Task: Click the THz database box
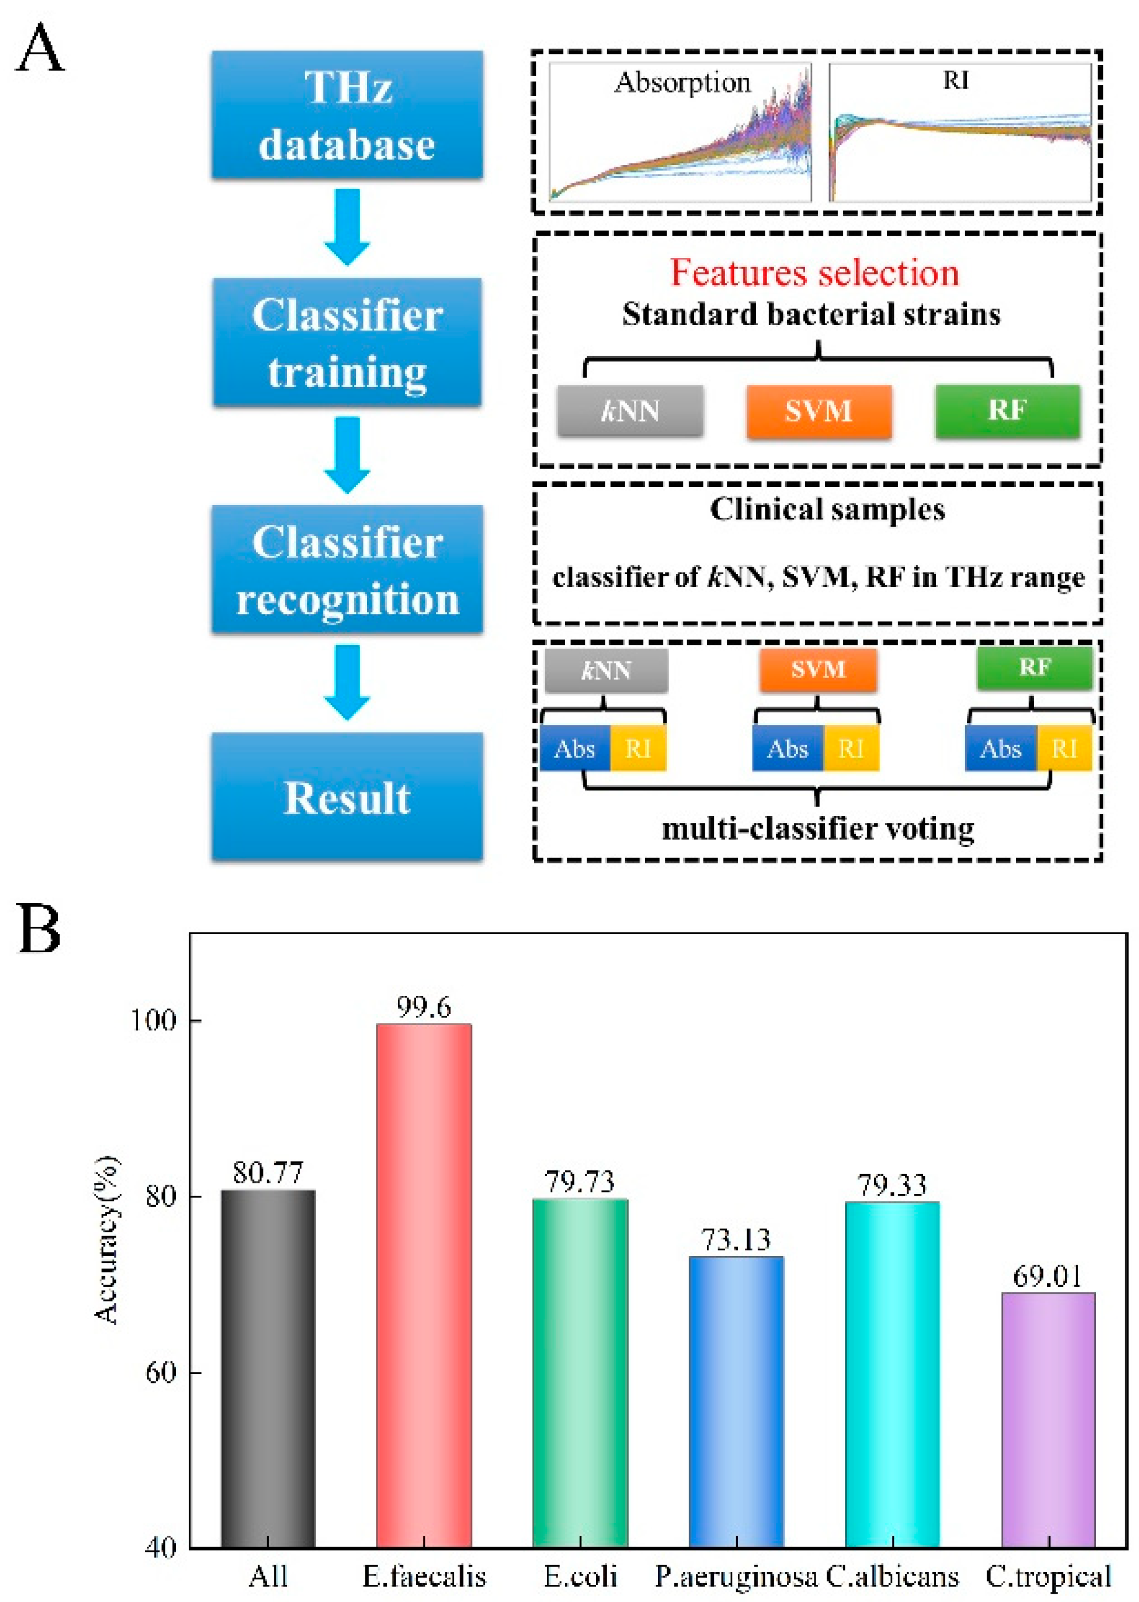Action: click(347, 114)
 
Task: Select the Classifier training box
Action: click(347, 342)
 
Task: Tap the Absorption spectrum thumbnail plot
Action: click(680, 132)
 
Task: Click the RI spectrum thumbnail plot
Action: click(960, 132)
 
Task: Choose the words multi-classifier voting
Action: click(818, 829)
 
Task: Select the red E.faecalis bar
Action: click(424, 1283)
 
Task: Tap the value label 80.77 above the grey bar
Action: click(268, 1173)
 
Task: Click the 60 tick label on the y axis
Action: click(161, 1371)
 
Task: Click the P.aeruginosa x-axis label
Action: click(736, 1576)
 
